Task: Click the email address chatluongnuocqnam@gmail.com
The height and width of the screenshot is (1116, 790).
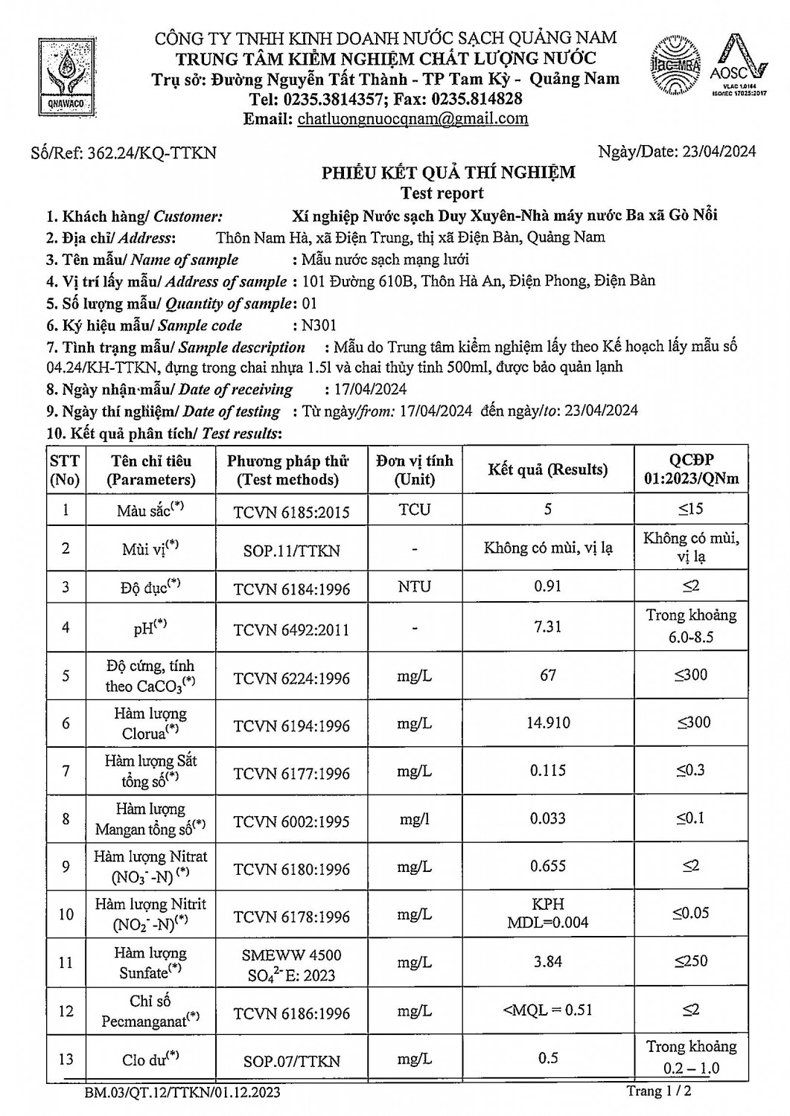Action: tap(412, 118)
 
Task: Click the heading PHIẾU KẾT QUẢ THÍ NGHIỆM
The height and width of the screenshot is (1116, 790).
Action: tap(448, 173)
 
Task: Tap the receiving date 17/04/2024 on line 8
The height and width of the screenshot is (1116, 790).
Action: tap(366, 388)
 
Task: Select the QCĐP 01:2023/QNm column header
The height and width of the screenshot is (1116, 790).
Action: tap(691, 469)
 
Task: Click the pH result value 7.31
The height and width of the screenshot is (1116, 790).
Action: tap(547, 626)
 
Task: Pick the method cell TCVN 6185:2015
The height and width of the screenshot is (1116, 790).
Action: tap(291, 511)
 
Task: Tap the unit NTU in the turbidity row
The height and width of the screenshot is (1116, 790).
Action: tap(414, 586)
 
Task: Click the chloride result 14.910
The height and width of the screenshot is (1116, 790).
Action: tap(547, 722)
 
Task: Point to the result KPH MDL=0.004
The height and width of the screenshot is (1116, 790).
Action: tap(547, 913)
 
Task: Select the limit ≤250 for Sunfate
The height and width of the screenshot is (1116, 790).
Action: tap(691, 961)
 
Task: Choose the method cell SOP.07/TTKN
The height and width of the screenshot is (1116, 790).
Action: tap(291, 1061)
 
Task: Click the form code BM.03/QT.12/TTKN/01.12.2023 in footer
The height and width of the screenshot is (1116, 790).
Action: tap(182, 1093)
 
